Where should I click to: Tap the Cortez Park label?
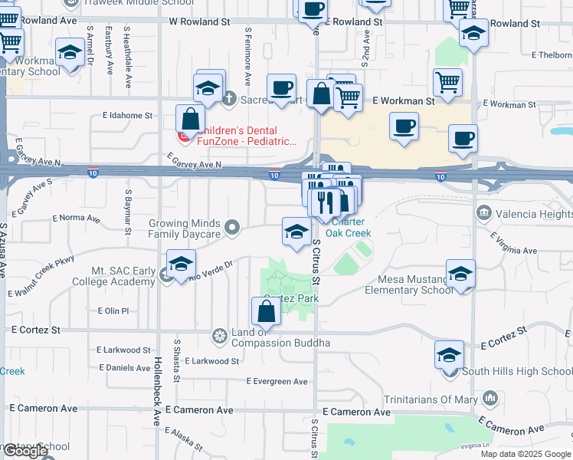coord(291,297)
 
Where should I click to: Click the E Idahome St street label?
coord(128,116)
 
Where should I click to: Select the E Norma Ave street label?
coord(76,219)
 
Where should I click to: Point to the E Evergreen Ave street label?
coord(277,381)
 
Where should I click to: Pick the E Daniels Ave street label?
coord(129,368)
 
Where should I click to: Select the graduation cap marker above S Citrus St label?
coord(297,232)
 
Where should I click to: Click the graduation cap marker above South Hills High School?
coord(449,354)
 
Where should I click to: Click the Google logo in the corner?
coord(25,452)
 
